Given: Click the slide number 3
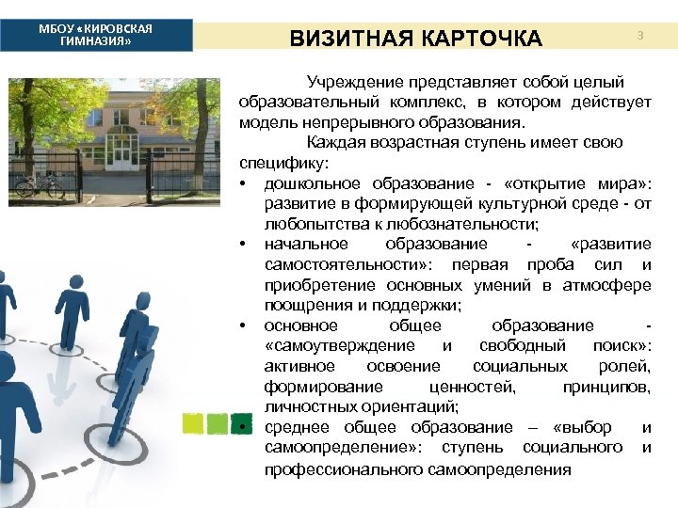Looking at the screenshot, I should pos(639,36).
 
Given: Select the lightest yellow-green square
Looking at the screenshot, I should pos(193,424).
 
